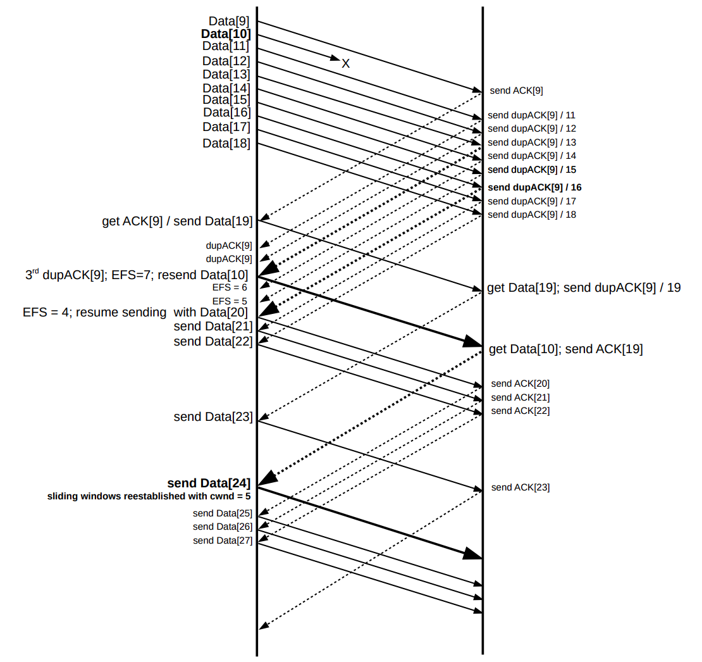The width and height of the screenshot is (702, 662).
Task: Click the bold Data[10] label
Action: tap(226, 34)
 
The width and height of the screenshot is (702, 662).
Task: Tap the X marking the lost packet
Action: tap(346, 63)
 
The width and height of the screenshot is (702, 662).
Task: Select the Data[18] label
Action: tap(226, 144)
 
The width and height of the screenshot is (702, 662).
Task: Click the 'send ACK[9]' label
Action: tap(516, 91)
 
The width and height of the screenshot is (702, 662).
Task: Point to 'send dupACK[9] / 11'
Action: tap(531, 115)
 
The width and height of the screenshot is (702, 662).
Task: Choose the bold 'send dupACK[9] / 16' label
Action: tap(534, 187)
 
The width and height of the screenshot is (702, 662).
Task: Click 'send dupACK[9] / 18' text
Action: tap(531, 215)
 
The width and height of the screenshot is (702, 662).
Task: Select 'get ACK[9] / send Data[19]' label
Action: tap(177, 222)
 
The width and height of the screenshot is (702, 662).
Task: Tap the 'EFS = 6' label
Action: tap(230, 287)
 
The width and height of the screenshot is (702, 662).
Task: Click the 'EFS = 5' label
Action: tap(230, 301)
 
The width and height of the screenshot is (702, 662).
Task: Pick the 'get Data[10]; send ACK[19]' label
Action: tap(565, 349)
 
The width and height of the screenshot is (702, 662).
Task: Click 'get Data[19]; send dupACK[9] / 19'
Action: tap(584, 288)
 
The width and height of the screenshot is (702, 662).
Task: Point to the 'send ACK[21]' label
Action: tap(520, 397)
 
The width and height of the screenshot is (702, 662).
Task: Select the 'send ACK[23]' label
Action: tap(520, 487)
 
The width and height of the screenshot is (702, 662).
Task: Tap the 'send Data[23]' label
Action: tap(213, 417)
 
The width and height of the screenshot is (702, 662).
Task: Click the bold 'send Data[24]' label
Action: tap(209, 484)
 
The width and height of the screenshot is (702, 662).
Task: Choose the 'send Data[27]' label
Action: tap(223, 540)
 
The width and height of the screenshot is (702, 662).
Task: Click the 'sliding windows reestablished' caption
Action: tap(149, 496)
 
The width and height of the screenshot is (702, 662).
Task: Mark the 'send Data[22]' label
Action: tap(213, 342)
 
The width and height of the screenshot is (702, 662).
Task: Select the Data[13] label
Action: tap(226, 74)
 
